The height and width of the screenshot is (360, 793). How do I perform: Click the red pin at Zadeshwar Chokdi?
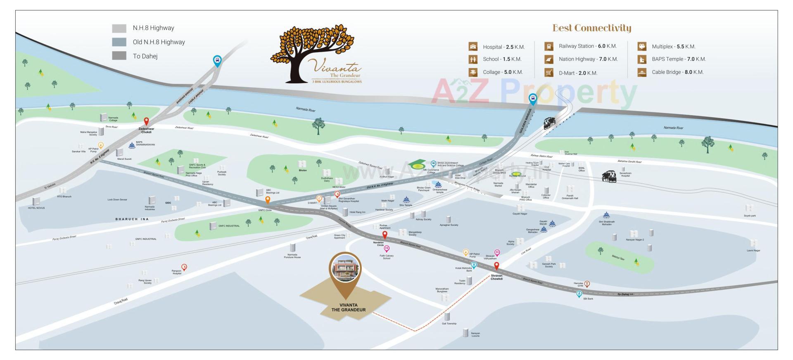point(146,121)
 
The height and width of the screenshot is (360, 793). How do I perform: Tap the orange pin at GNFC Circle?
point(268,200)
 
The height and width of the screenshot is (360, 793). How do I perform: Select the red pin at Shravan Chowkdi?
point(497,266)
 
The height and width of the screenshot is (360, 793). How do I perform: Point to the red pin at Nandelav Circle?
point(385,235)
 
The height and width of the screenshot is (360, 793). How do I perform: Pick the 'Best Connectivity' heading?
point(591,28)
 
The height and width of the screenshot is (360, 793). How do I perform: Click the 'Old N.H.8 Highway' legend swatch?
point(119,42)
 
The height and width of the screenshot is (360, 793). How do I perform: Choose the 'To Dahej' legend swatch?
point(119,56)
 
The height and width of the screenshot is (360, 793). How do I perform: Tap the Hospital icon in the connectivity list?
point(473,47)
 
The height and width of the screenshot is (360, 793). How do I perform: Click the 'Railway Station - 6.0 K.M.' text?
point(587,46)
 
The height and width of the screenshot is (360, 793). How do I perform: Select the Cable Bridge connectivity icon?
point(641,72)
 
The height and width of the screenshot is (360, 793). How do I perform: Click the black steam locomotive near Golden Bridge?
point(549,123)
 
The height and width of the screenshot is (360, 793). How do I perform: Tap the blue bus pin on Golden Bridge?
point(533,99)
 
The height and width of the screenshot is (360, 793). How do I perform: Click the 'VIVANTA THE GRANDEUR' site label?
point(348,308)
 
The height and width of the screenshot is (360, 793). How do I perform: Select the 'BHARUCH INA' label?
point(132,219)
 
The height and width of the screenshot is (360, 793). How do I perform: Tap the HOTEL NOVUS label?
point(36,208)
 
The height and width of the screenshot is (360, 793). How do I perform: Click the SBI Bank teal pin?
point(579,294)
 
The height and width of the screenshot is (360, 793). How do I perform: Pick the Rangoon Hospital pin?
point(184,267)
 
